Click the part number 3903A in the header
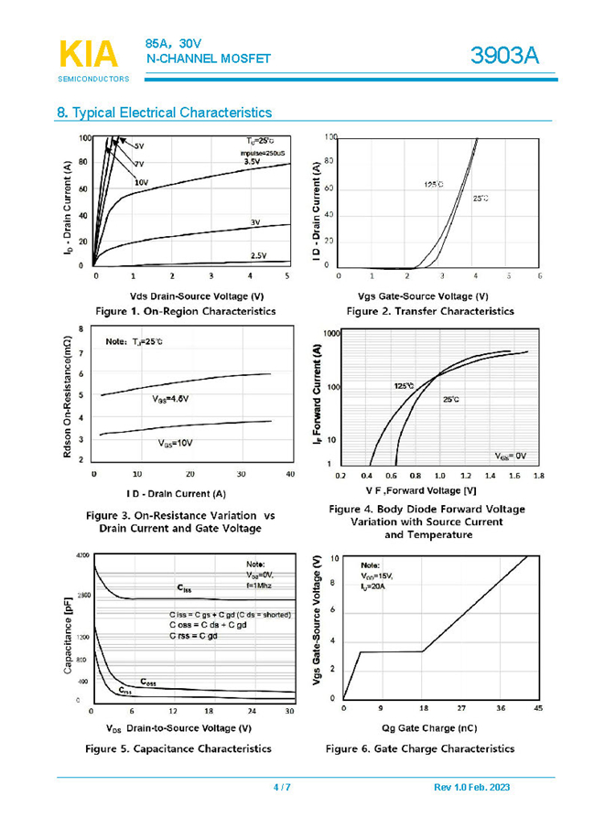point(505,56)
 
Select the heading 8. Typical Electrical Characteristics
point(165,113)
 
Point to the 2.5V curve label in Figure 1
point(258,256)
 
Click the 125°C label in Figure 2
point(433,184)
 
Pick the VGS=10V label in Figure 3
point(174,443)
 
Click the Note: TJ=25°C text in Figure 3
point(134,341)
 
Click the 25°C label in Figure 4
point(450,400)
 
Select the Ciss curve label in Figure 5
point(184,590)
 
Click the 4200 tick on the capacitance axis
point(82,555)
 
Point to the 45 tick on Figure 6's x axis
point(537,708)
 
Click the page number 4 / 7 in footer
point(282,788)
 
